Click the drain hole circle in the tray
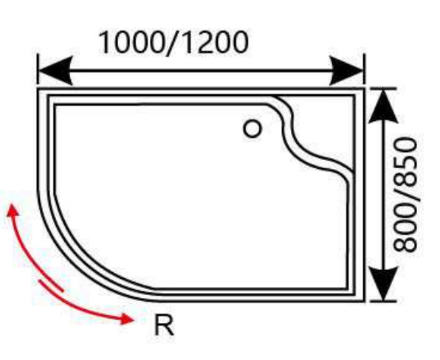click(x=252, y=128)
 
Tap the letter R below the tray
click(x=164, y=325)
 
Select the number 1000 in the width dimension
click(x=131, y=42)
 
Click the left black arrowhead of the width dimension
click(x=55, y=70)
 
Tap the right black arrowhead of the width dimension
click(x=346, y=70)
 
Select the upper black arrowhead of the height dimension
click(x=383, y=107)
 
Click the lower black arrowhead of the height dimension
click(x=383, y=283)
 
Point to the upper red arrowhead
click(x=13, y=210)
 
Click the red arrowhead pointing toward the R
click(x=127, y=319)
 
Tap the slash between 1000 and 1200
click(x=173, y=43)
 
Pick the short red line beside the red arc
click(x=52, y=285)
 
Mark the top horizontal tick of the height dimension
click(x=383, y=89)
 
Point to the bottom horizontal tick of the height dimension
click(x=383, y=302)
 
